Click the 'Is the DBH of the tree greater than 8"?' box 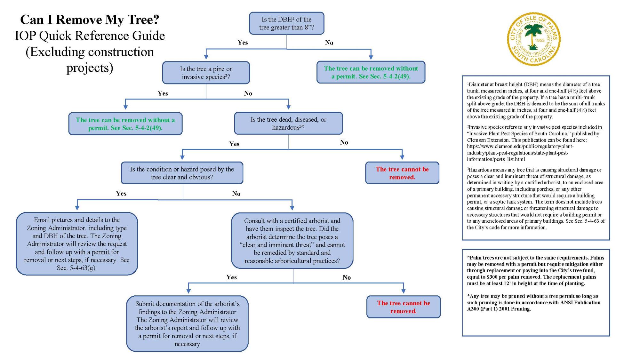(286, 23)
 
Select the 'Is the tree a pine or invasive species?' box (206, 73)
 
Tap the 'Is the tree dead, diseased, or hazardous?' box (288, 123)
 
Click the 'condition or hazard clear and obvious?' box (182, 173)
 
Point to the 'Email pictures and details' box (77, 244)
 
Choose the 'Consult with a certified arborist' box (292, 240)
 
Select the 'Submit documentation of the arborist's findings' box (187, 324)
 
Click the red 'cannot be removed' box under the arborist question (403, 307)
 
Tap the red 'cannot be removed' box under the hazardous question (402, 173)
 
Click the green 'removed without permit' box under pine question (125, 124)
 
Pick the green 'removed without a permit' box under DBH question (371, 72)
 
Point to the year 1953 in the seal (540, 41)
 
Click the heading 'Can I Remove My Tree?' (90, 20)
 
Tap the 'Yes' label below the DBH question (243, 43)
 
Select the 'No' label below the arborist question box (347, 277)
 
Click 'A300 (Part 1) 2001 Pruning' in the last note (499, 309)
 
